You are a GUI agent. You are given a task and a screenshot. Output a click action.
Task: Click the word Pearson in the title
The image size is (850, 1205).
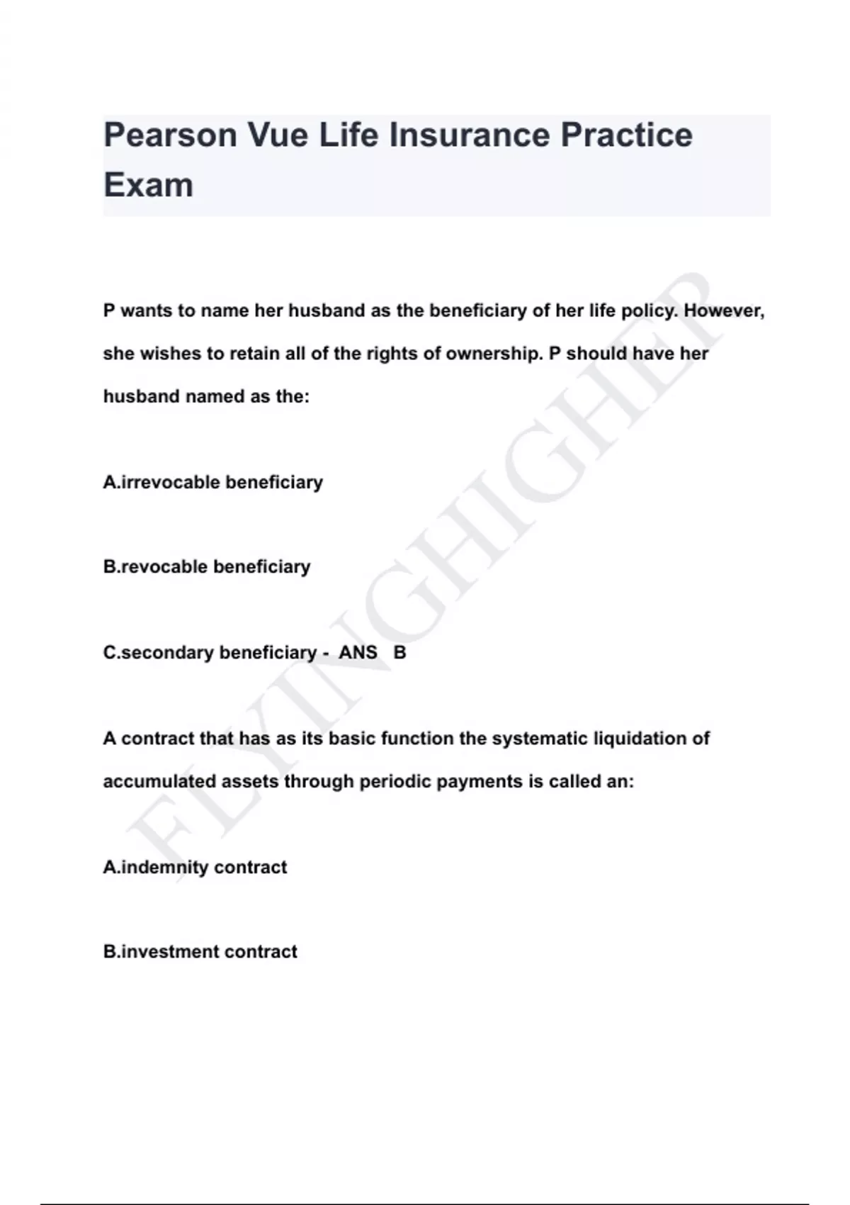click(170, 135)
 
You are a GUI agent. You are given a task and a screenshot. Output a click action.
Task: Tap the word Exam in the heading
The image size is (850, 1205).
click(148, 185)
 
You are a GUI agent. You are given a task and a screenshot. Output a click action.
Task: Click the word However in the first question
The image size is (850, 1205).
click(723, 311)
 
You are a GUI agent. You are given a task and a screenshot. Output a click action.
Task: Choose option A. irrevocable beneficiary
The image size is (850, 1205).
click(213, 483)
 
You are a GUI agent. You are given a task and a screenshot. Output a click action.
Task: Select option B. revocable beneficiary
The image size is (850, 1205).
click(207, 567)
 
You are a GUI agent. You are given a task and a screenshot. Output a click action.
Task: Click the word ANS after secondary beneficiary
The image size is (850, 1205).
click(358, 653)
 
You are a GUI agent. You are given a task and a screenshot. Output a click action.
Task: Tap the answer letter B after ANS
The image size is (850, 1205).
click(399, 653)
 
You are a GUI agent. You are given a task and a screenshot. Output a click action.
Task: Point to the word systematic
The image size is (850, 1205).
click(539, 739)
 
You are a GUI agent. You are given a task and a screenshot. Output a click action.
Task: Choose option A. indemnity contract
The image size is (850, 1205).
click(195, 868)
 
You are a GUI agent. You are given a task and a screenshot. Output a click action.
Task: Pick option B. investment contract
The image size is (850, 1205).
click(200, 952)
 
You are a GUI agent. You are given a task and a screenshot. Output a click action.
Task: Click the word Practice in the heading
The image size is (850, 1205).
click(626, 135)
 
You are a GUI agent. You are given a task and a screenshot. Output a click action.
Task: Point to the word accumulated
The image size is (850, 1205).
click(159, 782)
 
